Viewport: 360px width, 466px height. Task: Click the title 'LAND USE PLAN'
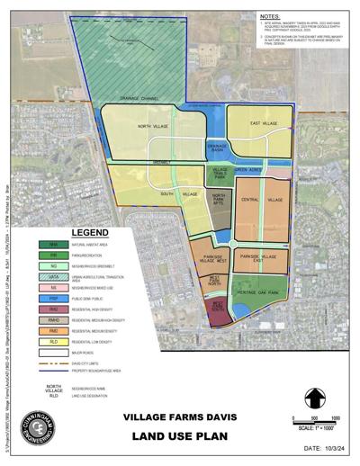tap(180, 437)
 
